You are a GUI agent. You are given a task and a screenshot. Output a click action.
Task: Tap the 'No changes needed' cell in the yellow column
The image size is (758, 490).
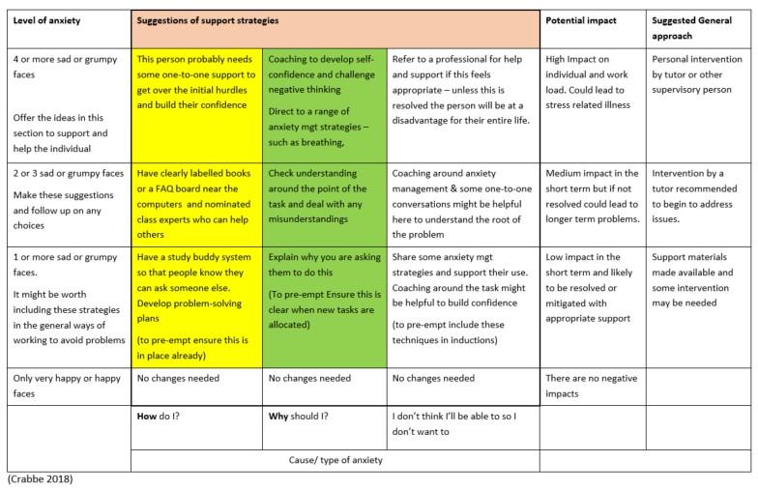point(178,379)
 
